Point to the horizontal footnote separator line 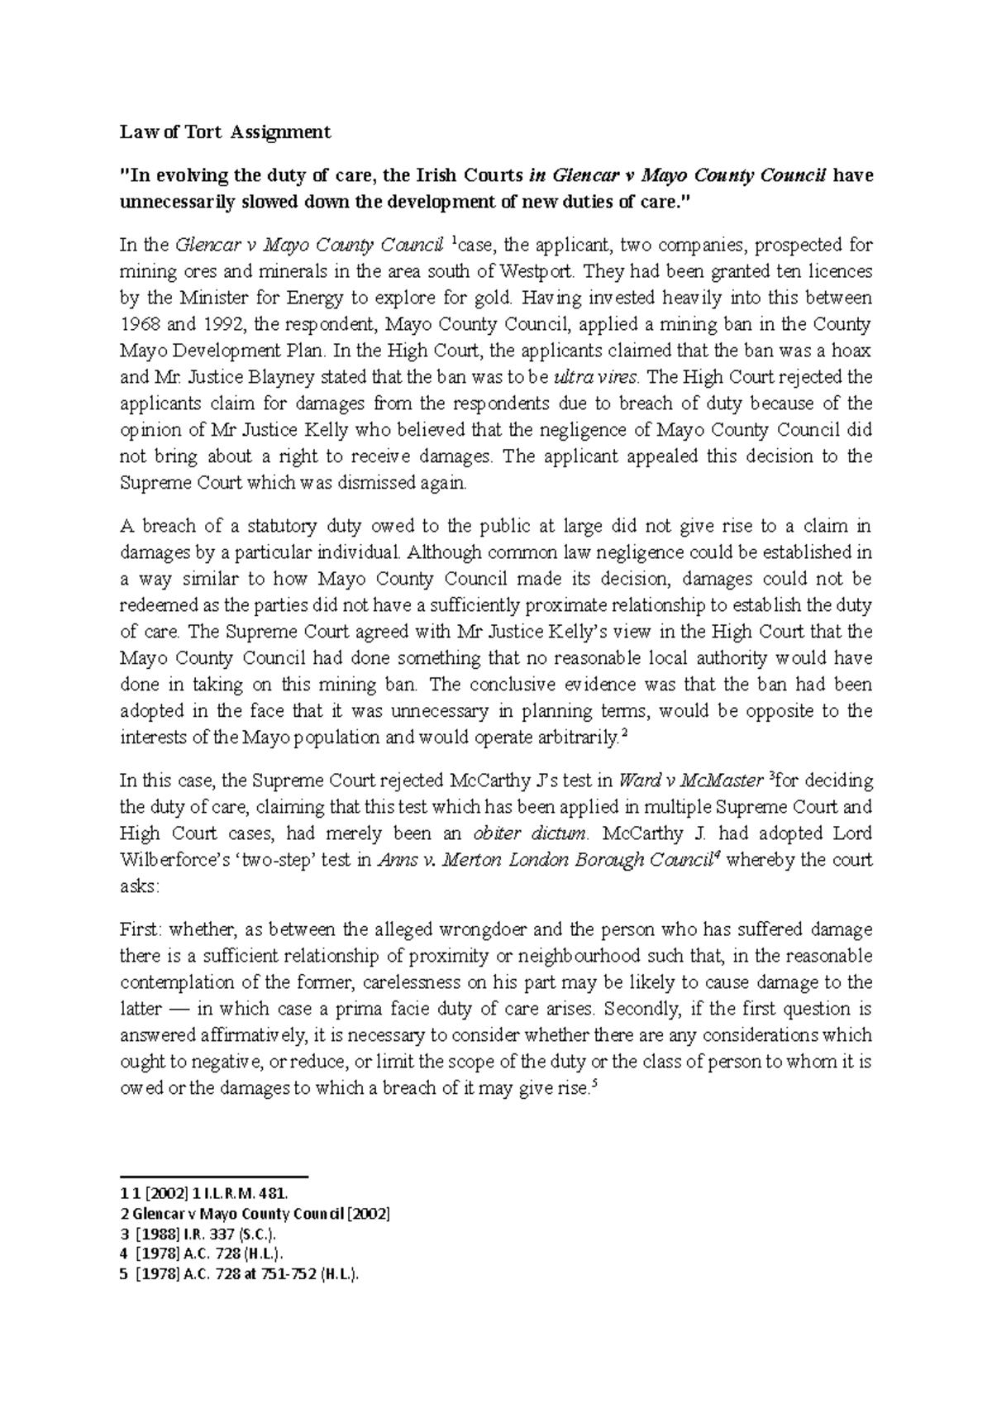pyautogui.click(x=214, y=1176)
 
